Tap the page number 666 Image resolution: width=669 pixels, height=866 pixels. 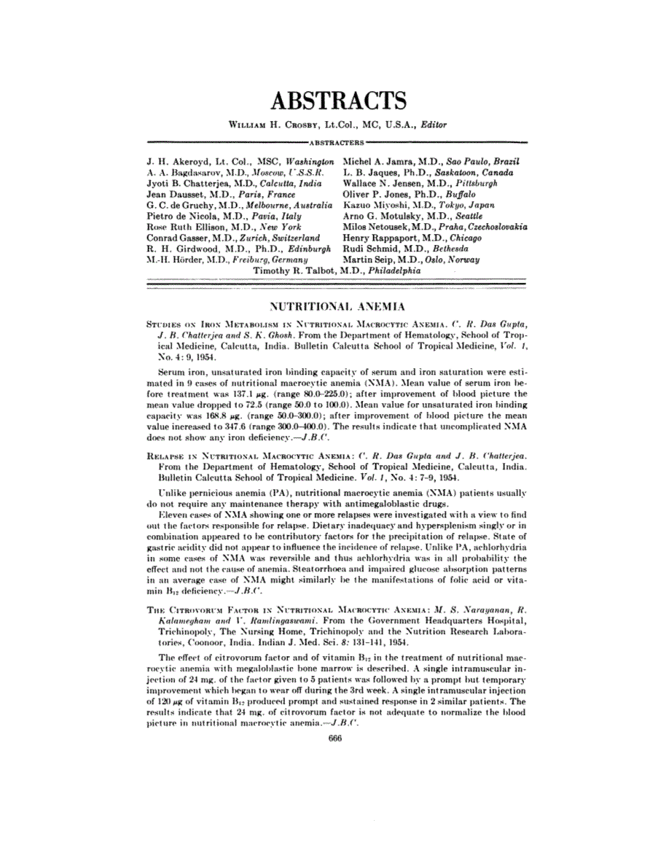click(335, 738)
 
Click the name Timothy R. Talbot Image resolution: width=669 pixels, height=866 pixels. click(287, 270)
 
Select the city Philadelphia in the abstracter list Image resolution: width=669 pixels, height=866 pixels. click(395, 270)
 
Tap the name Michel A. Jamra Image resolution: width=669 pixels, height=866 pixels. click(373, 160)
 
